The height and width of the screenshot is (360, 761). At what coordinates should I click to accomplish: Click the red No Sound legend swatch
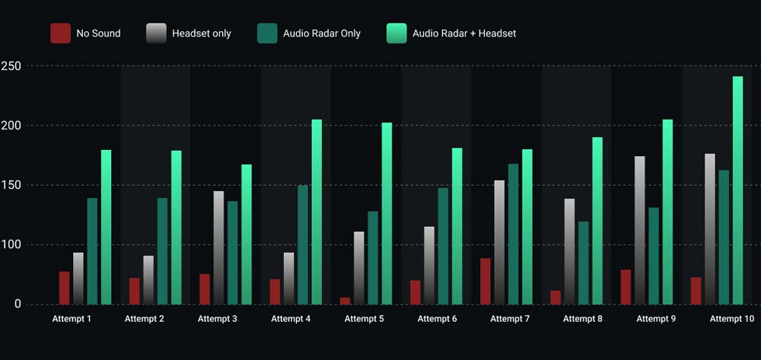coord(60,33)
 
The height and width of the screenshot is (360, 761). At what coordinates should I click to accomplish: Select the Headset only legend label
coord(201,33)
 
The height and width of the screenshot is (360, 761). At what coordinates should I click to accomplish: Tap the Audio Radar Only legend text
coord(321,33)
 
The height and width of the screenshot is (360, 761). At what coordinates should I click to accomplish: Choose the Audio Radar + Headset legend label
coord(463,33)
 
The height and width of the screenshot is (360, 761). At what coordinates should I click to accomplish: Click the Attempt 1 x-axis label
coord(72,319)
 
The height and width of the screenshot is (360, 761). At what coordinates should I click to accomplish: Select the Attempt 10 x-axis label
coord(731,319)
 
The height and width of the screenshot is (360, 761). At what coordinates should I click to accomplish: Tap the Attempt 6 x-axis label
coord(437,319)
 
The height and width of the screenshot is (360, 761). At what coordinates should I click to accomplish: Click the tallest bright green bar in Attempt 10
coord(737,190)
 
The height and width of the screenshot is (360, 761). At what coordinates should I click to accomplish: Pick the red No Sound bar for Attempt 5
coord(345,301)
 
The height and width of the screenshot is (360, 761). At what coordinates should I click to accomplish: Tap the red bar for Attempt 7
coord(486,281)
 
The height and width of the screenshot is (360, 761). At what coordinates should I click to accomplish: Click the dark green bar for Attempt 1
coord(92,251)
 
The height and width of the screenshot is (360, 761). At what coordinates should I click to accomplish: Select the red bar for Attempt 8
coord(556,298)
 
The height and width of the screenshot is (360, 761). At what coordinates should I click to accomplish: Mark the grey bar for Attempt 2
coord(148,280)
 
